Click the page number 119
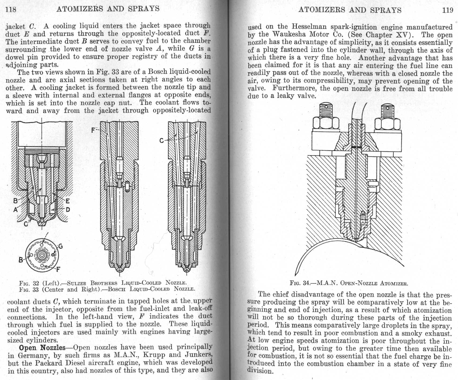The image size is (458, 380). pos(448,10)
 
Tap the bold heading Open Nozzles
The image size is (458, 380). pos(42,347)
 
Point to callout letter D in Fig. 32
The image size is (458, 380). pos(68,210)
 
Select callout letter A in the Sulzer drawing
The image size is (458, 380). pos(16,210)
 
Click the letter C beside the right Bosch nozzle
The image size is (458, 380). pos(161,140)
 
